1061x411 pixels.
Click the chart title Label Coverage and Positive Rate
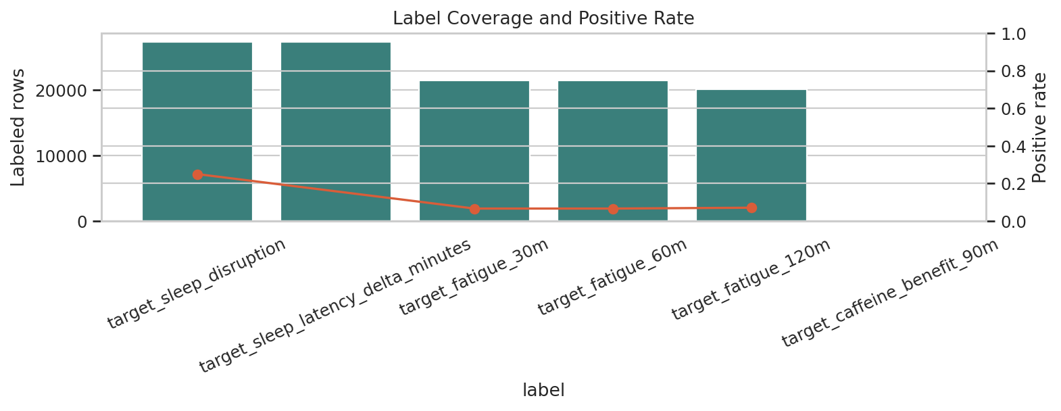pyautogui.click(x=543, y=18)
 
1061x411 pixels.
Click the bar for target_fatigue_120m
pyautogui.click(x=751, y=155)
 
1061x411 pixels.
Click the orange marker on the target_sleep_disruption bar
pyautogui.click(x=197, y=174)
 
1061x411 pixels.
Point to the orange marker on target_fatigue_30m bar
pyautogui.click(x=474, y=209)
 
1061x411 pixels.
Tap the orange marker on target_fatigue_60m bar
pyautogui.click(x=613, y=209)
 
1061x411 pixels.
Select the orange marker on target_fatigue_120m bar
pyautogui.click(x=751, y=208)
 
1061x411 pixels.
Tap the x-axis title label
pyautogui.click(x=543, y=390)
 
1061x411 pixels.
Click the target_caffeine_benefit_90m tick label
pyautogui.click(x=889, y=293)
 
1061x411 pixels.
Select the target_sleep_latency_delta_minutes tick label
pyautogui.click(x=335, y=305)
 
